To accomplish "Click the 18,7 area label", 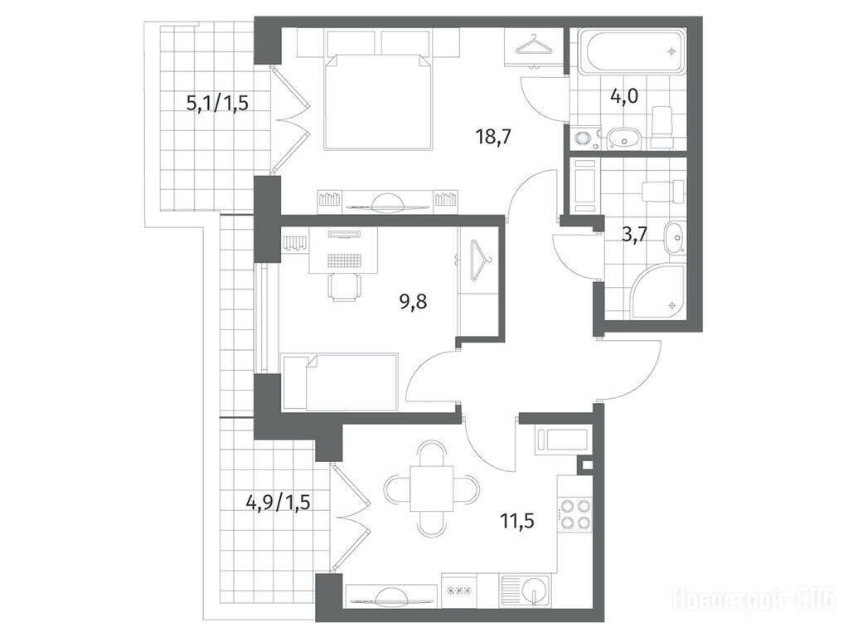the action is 493,137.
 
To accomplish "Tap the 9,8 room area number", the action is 413,302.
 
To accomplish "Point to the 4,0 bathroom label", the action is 624,96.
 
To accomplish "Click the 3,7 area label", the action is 635,236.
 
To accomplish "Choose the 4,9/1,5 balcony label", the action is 278,503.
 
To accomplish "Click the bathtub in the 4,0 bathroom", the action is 631,51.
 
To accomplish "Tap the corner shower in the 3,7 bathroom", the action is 659,290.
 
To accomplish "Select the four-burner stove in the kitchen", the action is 574,514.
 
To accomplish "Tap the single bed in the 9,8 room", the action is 340,382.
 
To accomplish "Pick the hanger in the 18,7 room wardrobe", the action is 535,45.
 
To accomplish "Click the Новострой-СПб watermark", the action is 754,600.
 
